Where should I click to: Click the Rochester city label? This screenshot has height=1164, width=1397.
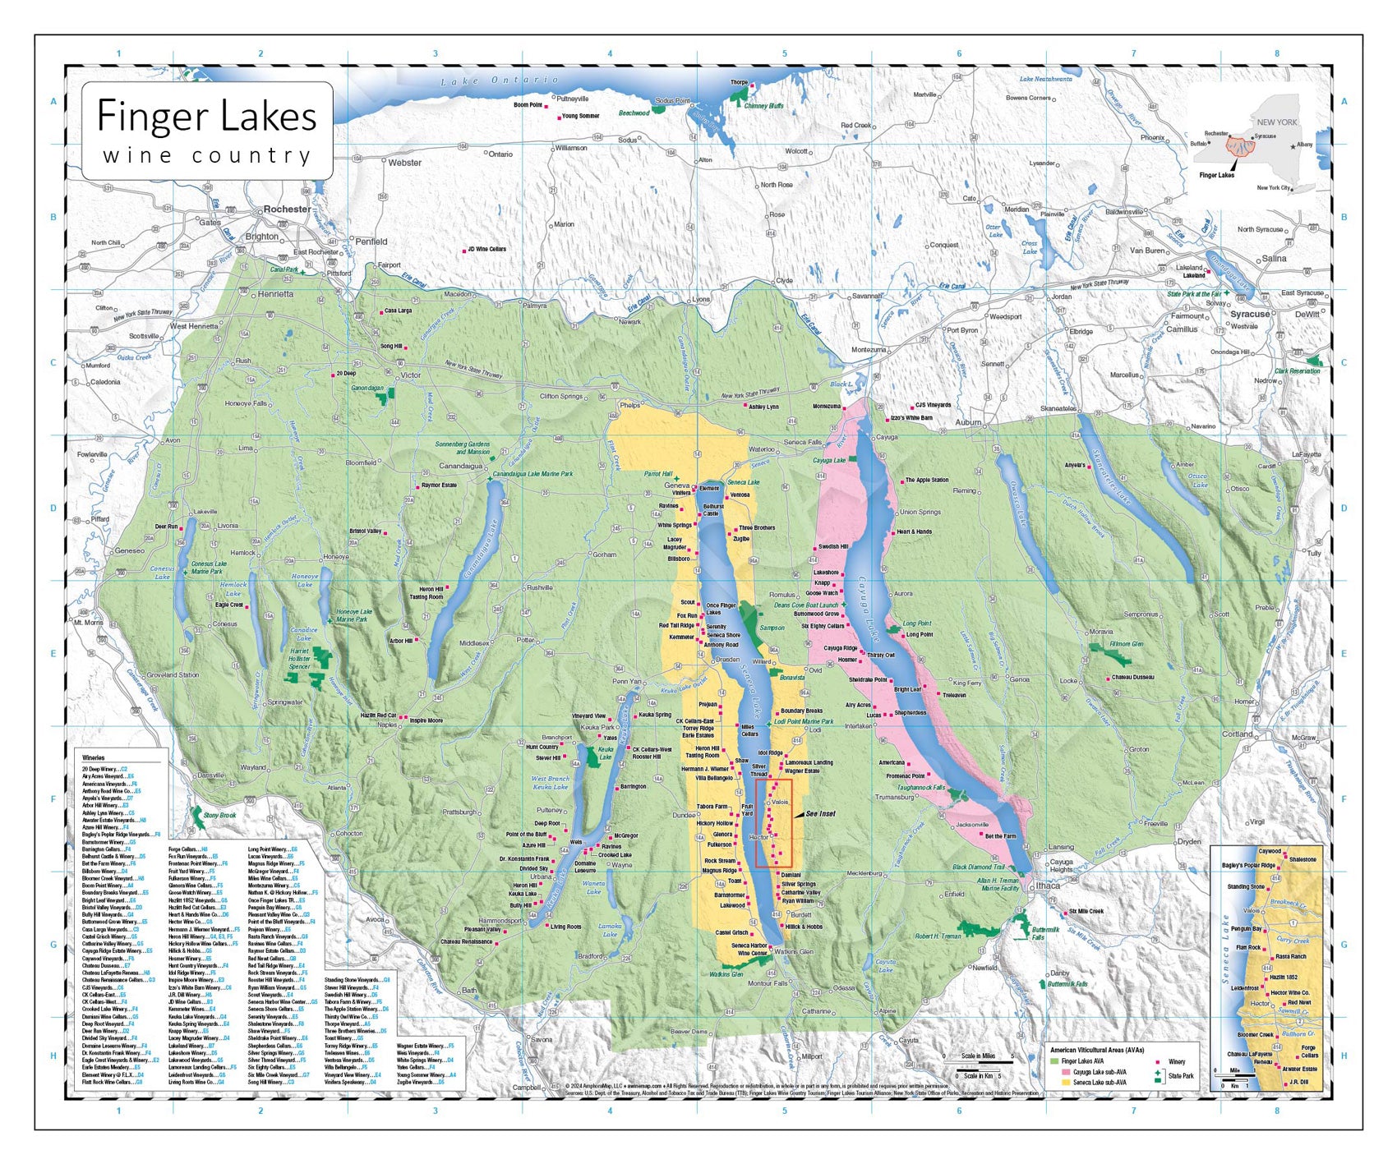click(287, 209)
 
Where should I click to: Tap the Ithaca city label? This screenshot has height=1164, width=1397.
click(1048, 886)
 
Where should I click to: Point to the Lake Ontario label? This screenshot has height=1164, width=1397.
click(499, 81)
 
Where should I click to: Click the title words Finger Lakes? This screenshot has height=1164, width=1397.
click(206, 116)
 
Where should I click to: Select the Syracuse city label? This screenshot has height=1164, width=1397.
click(1249, 314)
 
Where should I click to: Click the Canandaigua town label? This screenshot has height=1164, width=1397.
click(461, 466)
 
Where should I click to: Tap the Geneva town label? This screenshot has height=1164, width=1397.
click(676, 485)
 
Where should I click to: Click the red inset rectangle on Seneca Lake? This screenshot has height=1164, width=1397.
click(773, 822)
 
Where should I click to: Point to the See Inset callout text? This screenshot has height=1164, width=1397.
click(819, 813)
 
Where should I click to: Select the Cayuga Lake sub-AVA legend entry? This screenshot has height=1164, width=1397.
click(1099, 1072)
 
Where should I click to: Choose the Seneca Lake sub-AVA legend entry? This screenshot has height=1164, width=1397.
click(1100, 1083)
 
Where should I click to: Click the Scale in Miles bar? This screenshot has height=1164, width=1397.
click(978, 1062)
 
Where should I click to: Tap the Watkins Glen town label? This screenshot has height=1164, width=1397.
click(793, 951)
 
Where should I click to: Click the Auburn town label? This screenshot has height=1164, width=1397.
click(967, 422)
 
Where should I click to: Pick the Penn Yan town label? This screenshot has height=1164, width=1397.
click(627, 681)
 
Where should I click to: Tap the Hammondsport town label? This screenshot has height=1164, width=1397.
click(500, 921)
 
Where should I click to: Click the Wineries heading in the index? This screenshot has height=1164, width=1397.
click(93, 757)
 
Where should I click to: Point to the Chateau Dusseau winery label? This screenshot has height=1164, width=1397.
click(1132, 678)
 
